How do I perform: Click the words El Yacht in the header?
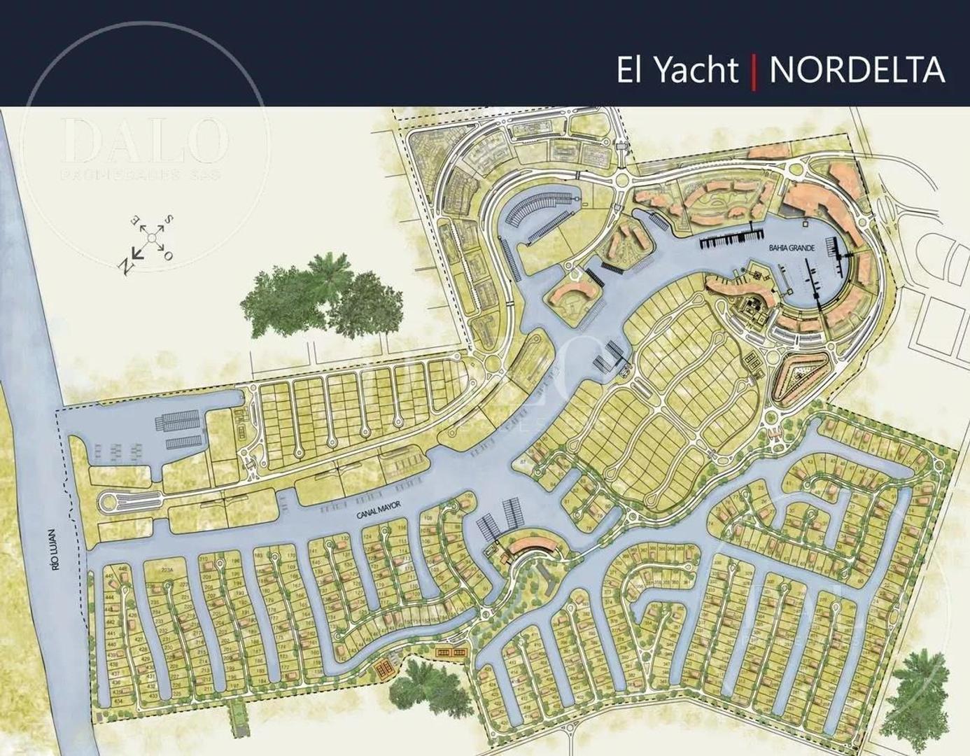(677, 71)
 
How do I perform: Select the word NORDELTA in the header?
(857, 71)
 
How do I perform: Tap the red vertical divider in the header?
(754, 72)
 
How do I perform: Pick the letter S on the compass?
(169, 221)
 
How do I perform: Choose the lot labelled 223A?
(166, 570)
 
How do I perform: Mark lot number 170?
(292, 556)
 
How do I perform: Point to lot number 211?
(207, 689)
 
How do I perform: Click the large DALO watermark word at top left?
(146, 139)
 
